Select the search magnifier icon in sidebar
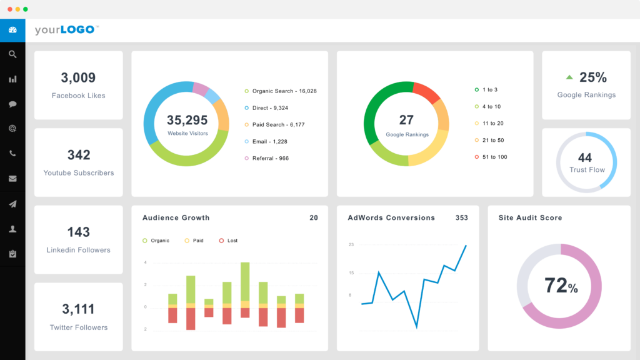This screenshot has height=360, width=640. (x=12, y=54)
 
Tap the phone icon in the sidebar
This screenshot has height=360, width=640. (x=12, y=153)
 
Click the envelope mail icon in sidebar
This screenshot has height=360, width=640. (x=12, y=179)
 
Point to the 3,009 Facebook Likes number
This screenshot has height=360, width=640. (x=78, y=78)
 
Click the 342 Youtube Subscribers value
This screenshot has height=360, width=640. (x=79, y=155)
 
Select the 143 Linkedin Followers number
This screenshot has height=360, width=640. (x=79, y=232)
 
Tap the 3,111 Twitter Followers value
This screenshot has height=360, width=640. (x=78, y=309)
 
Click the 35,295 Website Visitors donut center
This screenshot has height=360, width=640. (x=187, y=121)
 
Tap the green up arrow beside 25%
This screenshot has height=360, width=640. (x=569, y=78)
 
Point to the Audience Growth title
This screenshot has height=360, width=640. (x=176, y=218)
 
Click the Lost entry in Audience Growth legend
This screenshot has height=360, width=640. (x=232, y=241)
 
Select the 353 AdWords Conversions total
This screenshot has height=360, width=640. (x=461, y=218)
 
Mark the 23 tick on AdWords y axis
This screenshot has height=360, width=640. (x=351, y=244)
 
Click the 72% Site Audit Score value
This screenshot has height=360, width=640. (x=561, y=286)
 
